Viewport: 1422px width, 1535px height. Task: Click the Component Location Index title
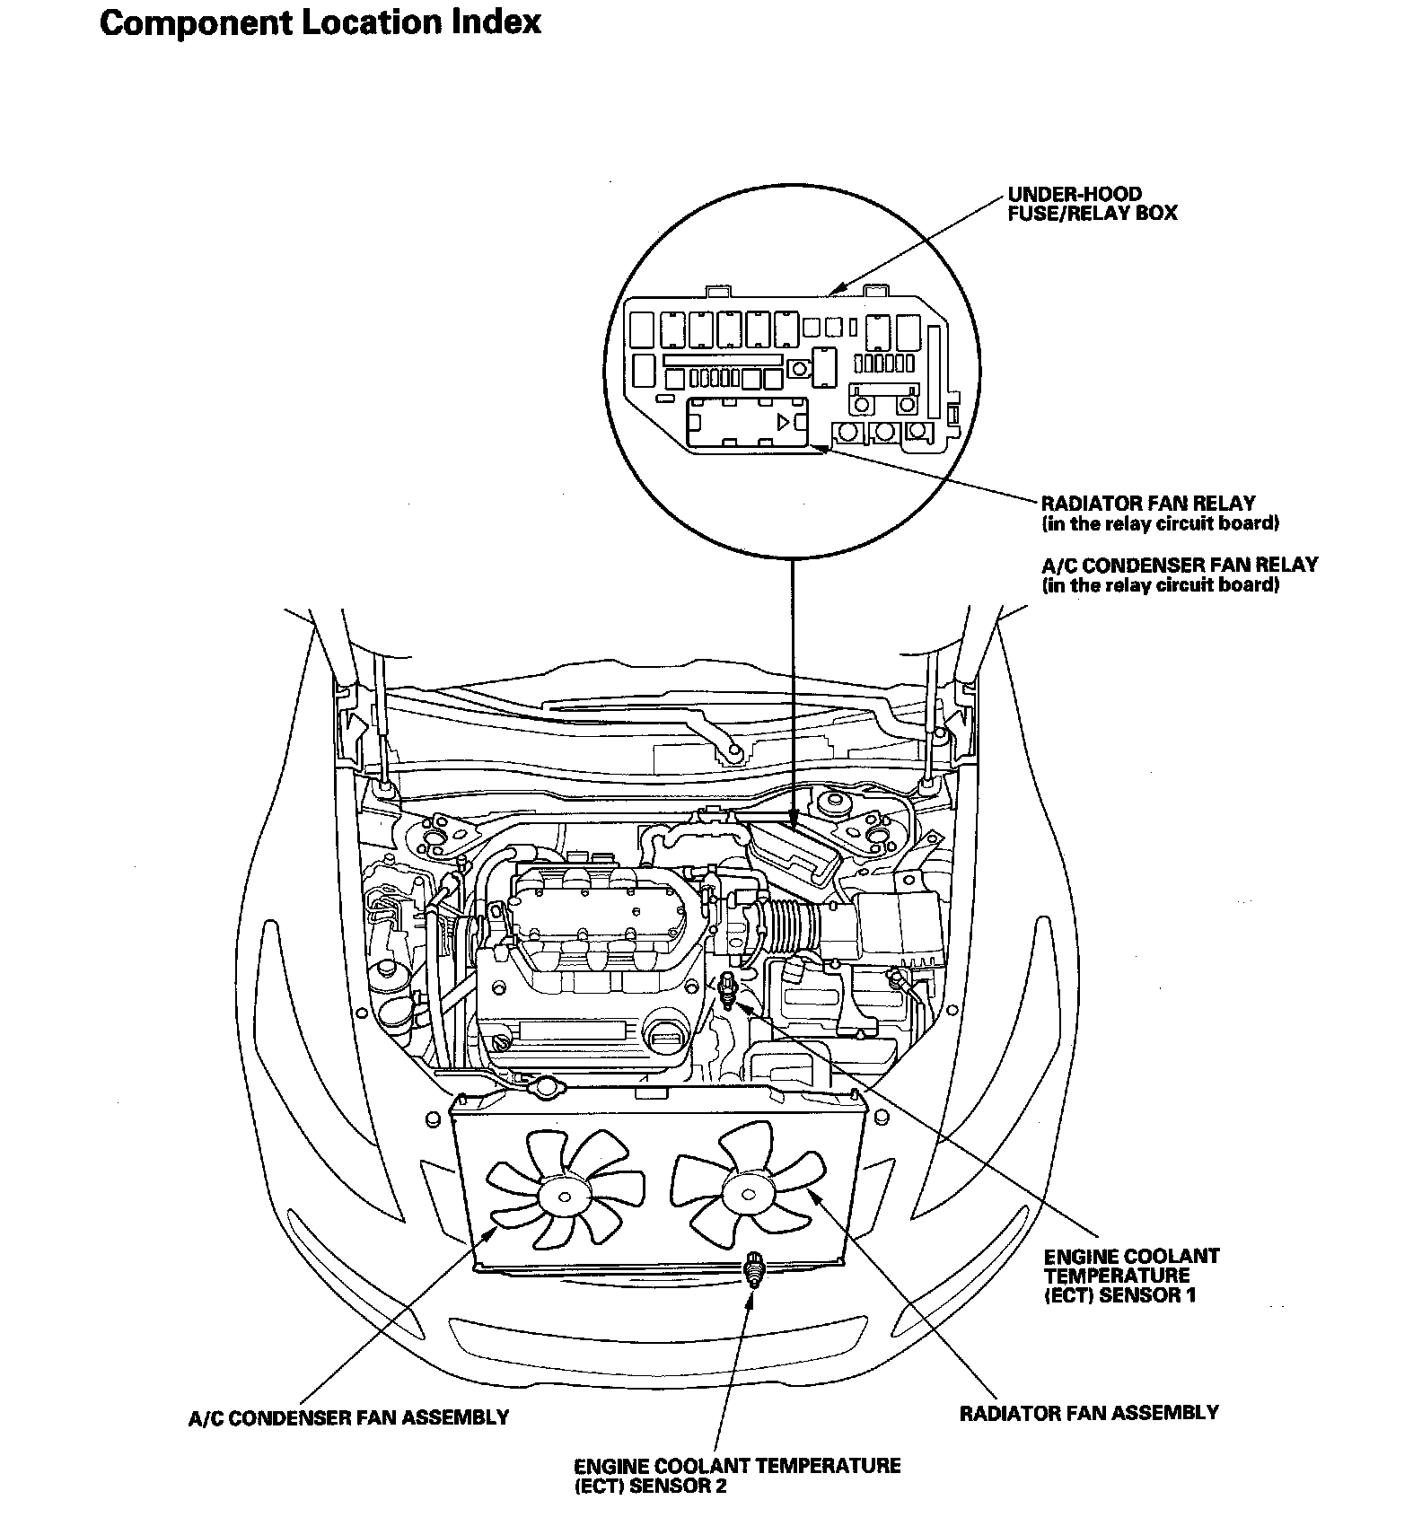(x=320, y=22)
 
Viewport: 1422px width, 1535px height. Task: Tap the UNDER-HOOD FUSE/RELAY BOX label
(x=1092, y=204)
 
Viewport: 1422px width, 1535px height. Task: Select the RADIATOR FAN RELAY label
(x=1148, y=504)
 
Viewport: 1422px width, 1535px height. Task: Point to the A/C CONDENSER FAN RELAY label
(x=1180, y=566)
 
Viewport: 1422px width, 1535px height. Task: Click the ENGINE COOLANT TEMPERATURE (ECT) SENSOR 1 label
(x=1131, y=1276)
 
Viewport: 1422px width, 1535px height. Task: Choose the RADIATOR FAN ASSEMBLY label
(x=1089, y=1413)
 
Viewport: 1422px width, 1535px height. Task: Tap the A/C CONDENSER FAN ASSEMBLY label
(x=348, y=1418)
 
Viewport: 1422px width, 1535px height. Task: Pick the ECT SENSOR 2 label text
(x=737, y=1477)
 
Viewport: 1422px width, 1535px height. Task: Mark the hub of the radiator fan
(x=748, y=1191)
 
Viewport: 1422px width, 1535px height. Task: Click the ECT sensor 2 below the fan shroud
(x=752, y=1268)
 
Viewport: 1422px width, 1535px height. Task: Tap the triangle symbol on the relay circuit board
(x=785, y=420)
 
